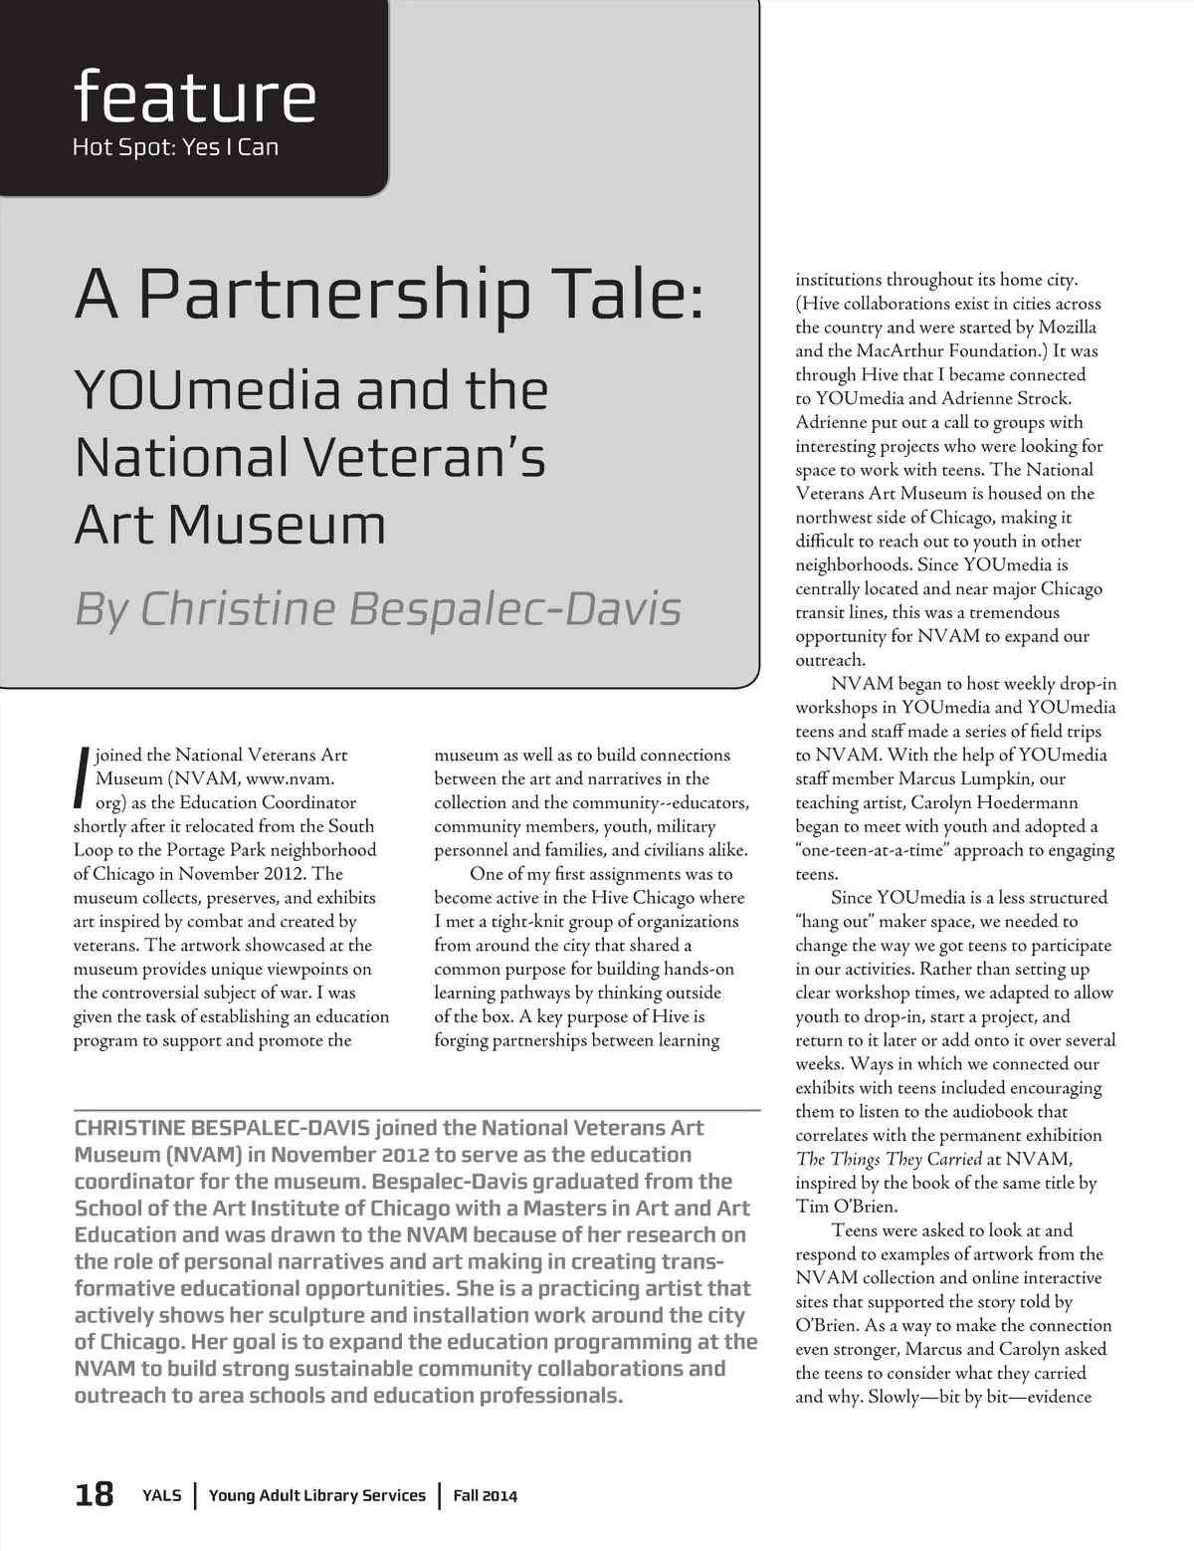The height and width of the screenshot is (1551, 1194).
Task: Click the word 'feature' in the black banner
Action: coord(194,96)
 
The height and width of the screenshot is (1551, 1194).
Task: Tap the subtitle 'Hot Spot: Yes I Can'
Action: coord(175,147)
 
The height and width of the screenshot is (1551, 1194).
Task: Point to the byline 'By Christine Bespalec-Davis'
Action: coord(378,608)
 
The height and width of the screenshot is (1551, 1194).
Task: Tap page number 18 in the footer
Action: coord(95,1494)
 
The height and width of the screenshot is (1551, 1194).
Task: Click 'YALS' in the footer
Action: coord(161,1495)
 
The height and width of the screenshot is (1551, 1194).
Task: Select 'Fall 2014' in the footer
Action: coord(486,1495)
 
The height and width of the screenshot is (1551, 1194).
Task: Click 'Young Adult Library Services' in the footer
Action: coord(316,1495)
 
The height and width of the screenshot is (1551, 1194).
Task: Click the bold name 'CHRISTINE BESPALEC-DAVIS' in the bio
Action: coord(222,1128)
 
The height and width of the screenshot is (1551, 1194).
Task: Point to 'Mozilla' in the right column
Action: coord(1068,328)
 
